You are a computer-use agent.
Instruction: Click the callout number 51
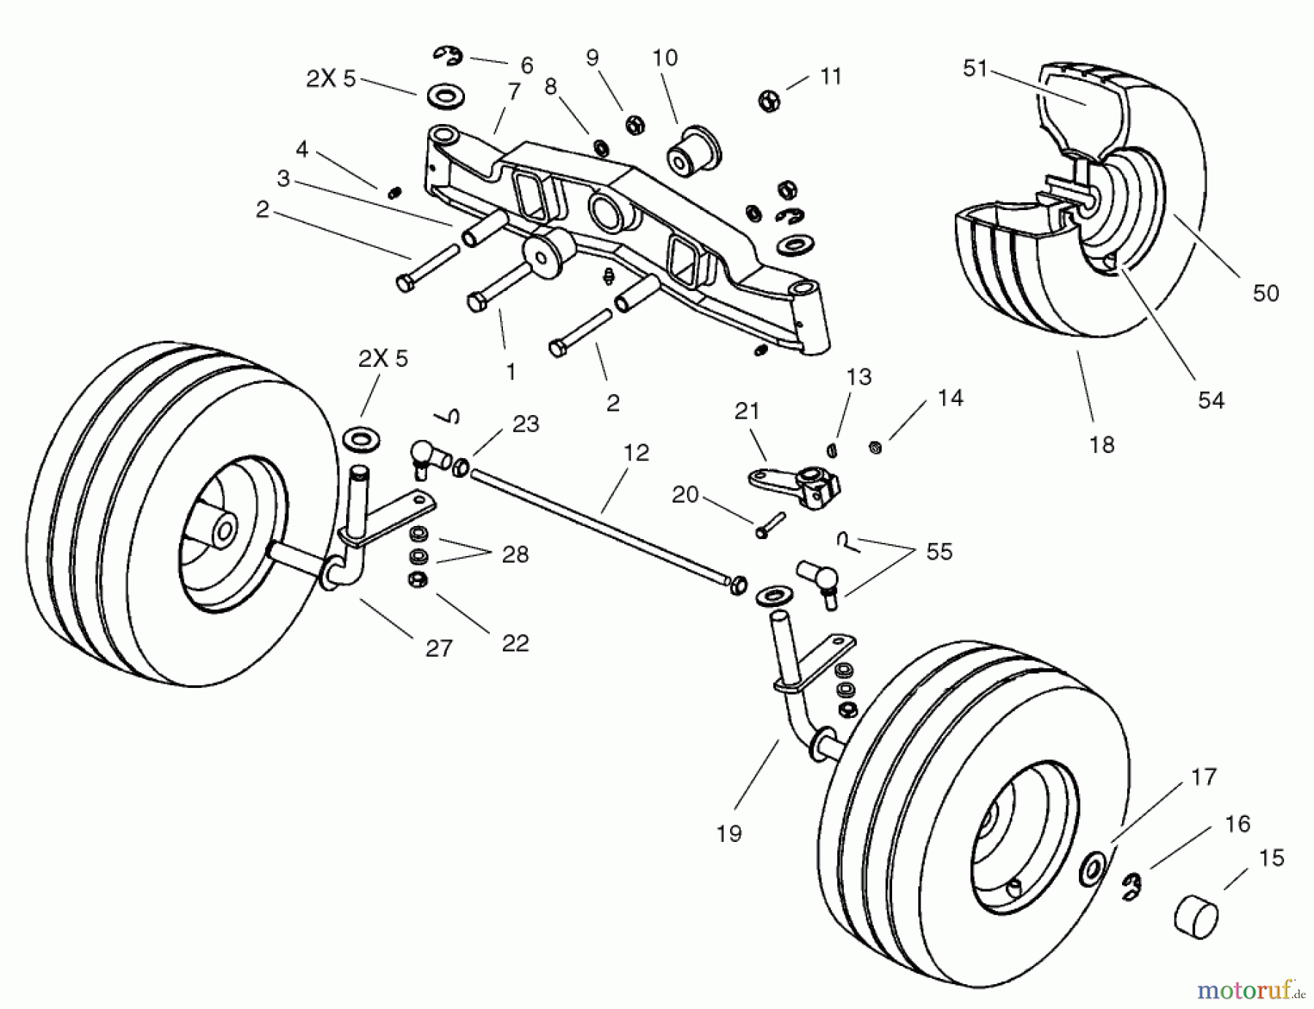(975, 69)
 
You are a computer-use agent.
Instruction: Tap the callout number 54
(1210, 400)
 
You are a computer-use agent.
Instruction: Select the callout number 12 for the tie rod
(636, 452)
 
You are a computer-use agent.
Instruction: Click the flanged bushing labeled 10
(693, 154)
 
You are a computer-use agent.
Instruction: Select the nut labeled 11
(769, 101)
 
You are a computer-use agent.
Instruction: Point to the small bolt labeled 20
(771, 525)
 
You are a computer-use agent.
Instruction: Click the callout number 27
(439, 648)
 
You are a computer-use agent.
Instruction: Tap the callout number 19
(729, 833)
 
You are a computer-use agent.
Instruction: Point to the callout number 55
(939, 552)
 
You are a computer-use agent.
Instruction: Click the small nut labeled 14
(876, 447)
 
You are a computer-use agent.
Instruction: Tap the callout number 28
(515, 554)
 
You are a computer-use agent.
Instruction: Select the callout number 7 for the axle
(514, 91)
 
